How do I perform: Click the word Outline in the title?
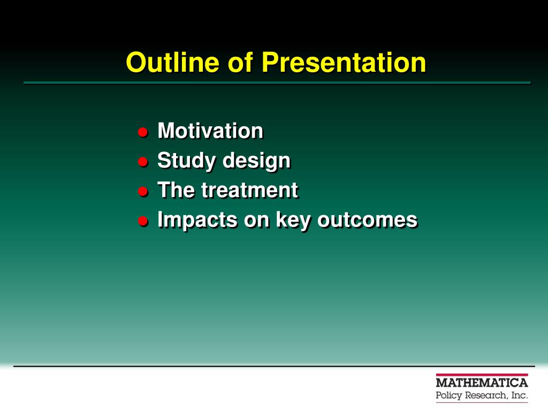pyautogui.click(x=173, y=62)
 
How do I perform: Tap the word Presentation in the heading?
pyautogui.click(x=344, y=62)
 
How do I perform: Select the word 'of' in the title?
pyautogui.click(x=240, y=62)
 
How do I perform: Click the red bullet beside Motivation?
pyautogui.click(x=142, y=132)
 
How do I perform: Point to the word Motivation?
pyautogui.click(x=210, y=131)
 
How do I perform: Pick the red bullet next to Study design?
pyautogui.click(x=142, y=162)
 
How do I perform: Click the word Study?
pyautogui.click(x=186, y=161)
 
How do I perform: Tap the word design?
pyautogui.click(x=256, y=161)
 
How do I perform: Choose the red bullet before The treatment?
pyautogui.click(x=142, y=192)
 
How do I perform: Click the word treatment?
pyautogui.click(x=249, y=190)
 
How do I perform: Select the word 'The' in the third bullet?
pyautogui.click(x=176, y=190)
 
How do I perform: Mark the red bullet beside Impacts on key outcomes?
pyautogui.click(x=142, y=221)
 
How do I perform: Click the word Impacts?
pyautogui.click(x=197, y=220)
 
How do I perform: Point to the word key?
pyautogui.click(x=293, y=220)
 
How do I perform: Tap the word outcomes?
pyautogui.click(x=367, y=220)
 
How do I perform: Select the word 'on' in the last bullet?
pyautogui.click(x=256, y=220)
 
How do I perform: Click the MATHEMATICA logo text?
pyautogui.click(x=482, y=383)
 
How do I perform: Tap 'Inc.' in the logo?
pyautogui.click(x=519, y=395)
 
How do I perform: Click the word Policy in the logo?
pyautogui.click(x=449, y=396)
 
